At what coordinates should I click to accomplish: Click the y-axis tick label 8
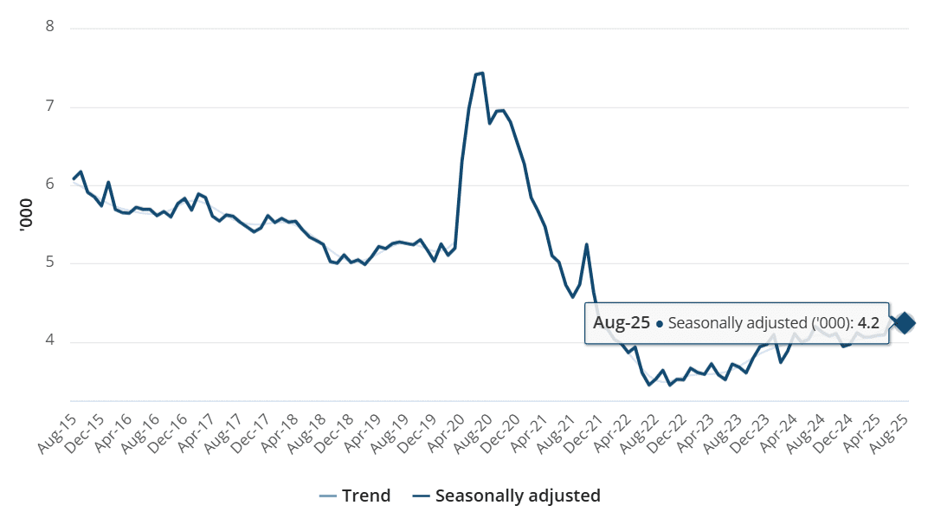49,27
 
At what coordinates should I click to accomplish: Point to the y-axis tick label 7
49,107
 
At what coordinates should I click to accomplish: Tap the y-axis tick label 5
49,262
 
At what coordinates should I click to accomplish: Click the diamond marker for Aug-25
905,323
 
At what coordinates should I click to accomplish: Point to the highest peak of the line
481,73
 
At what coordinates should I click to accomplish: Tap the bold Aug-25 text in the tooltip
621,323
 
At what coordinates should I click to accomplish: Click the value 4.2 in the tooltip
868,323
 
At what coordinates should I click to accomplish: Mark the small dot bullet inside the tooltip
660,324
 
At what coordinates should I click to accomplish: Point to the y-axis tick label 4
49,340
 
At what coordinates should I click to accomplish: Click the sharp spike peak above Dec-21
587,244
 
